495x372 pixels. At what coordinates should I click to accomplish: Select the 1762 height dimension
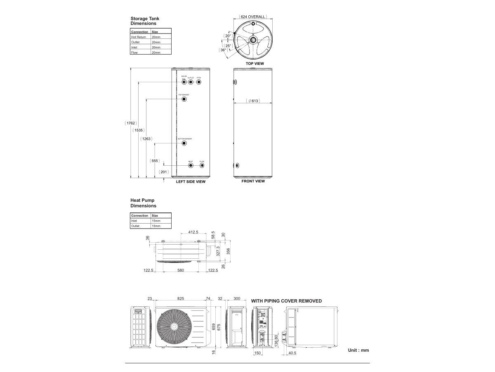point(131,123)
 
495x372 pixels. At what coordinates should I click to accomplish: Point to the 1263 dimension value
point(146,139)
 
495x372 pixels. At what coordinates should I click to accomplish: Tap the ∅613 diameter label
point(253,101)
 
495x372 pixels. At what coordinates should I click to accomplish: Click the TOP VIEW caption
point(255,64)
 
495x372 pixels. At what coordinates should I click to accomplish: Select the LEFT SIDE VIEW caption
point(191,181)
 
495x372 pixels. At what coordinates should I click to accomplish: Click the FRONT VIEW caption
point(253,181)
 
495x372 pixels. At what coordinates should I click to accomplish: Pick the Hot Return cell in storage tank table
point(139,37)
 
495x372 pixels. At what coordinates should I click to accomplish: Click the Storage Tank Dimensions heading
point(144,21)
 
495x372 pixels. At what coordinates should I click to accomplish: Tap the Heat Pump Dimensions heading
point(143,203)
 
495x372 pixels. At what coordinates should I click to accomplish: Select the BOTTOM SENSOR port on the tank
point(184,143)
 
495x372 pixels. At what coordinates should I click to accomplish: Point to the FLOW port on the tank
point(202,165)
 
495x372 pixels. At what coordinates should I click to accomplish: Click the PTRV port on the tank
point(199,82)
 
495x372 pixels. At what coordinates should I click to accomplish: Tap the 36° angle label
point(223,50)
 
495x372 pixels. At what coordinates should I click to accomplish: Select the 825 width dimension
point(181,298)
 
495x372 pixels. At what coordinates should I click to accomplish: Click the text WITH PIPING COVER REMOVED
point(286,301)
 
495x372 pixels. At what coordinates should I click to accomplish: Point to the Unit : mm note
point(358,350)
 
